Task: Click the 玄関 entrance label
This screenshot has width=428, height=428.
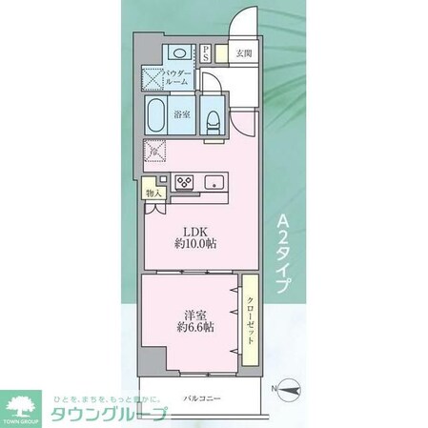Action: pos(245,54)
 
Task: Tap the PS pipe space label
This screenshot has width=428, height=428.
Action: pos(205,53)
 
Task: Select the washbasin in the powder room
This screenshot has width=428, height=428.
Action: pos(177,53)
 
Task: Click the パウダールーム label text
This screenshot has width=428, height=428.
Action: pos(178,77)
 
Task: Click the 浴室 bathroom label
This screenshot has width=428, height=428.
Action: pos(182,115)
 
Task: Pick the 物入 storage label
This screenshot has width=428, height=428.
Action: pos(153,192)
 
